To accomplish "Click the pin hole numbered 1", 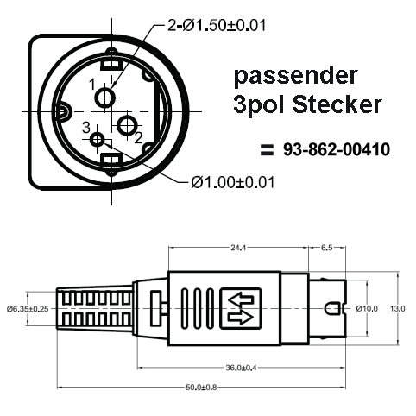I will click(x=104, y=98).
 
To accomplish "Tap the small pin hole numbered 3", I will click(x=97, y=140).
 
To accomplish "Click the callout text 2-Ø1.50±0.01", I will click(x=216, y=26).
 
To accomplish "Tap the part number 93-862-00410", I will click(x=337, y=150).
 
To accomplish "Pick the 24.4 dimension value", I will click(x=236, y=248).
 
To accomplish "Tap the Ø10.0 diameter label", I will click(x=366, y=308).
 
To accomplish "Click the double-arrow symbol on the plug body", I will click(x=240, y=308).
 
